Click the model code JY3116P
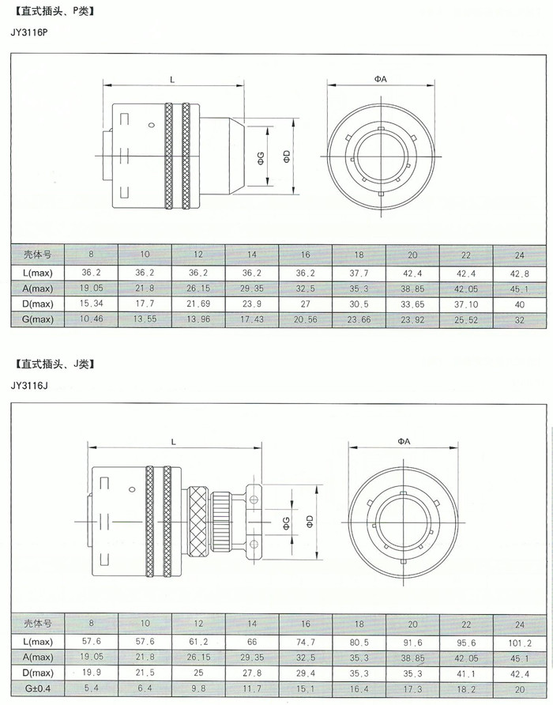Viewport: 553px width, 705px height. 28,33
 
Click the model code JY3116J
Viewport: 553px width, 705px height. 28,386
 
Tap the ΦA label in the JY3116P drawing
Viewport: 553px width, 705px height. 380,79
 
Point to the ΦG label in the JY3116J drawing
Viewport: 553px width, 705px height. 287,523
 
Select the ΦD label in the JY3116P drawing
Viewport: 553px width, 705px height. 287,156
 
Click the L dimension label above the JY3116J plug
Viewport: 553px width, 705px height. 174,442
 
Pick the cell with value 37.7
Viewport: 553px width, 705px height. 359,273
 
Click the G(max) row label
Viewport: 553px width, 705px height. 38,319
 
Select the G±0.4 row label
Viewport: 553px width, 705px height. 38,688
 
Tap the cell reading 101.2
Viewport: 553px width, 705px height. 520,643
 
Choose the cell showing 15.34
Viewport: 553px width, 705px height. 92,303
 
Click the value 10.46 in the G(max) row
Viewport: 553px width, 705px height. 92,319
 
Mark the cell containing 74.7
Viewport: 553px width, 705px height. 306,643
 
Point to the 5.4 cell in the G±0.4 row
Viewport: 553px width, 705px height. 92,688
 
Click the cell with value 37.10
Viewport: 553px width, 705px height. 466,304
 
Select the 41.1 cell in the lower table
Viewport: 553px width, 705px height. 466,673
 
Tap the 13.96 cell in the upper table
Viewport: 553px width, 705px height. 198,319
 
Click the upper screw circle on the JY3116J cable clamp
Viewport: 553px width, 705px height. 254,500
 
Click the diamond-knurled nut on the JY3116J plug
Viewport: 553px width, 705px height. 198,522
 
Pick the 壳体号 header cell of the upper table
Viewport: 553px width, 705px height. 38,255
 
